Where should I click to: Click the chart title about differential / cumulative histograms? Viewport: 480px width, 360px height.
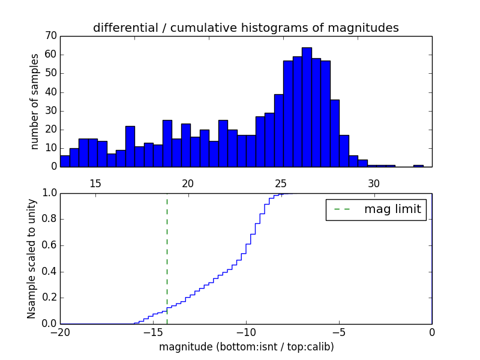point(245,28)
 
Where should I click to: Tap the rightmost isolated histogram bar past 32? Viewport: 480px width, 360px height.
point(418,166)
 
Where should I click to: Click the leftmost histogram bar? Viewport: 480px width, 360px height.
point(65,161)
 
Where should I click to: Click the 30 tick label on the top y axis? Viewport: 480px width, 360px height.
point(50,110)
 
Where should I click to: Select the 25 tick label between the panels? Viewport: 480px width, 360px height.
point(281,184)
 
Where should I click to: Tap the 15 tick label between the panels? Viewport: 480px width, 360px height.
point(95,184)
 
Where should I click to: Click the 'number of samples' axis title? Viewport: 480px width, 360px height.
point(35,101)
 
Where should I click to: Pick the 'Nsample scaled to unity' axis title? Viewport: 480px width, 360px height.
point(32,259)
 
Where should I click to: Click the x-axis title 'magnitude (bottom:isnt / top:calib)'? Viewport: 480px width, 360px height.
point(246,347)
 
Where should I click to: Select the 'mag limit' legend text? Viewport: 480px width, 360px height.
point(392,209)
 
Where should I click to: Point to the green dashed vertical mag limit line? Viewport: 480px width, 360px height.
point(167,258)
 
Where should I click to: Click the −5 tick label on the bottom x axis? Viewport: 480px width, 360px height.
point(339,332)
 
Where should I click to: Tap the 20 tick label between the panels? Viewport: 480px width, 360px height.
point(188,184)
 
